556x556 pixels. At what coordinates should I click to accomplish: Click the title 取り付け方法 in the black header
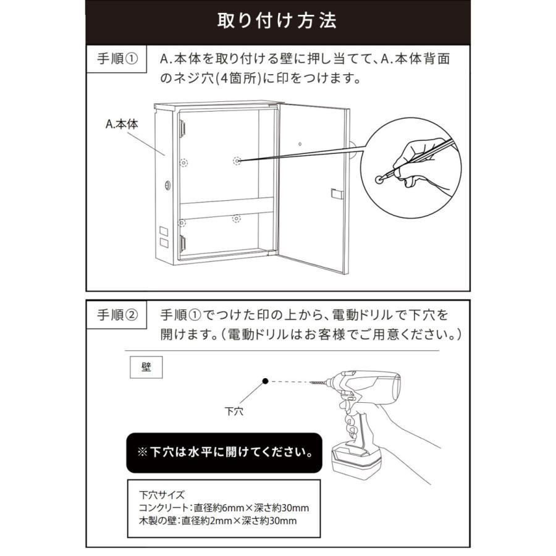coord(277,21)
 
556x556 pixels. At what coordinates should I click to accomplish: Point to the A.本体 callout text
coord(122,124)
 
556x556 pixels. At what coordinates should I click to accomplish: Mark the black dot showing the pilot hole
coord(264,382)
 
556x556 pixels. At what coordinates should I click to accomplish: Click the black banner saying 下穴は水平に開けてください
coord(224,451)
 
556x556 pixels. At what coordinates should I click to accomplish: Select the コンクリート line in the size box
coord(224,508)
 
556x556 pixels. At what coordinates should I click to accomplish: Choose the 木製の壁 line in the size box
coord(218,521)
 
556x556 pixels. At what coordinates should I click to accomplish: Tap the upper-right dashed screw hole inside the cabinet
coord(237,161)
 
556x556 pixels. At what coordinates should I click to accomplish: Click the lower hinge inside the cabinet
coord(183,241)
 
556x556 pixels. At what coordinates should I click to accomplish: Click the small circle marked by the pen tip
coord(379,179)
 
